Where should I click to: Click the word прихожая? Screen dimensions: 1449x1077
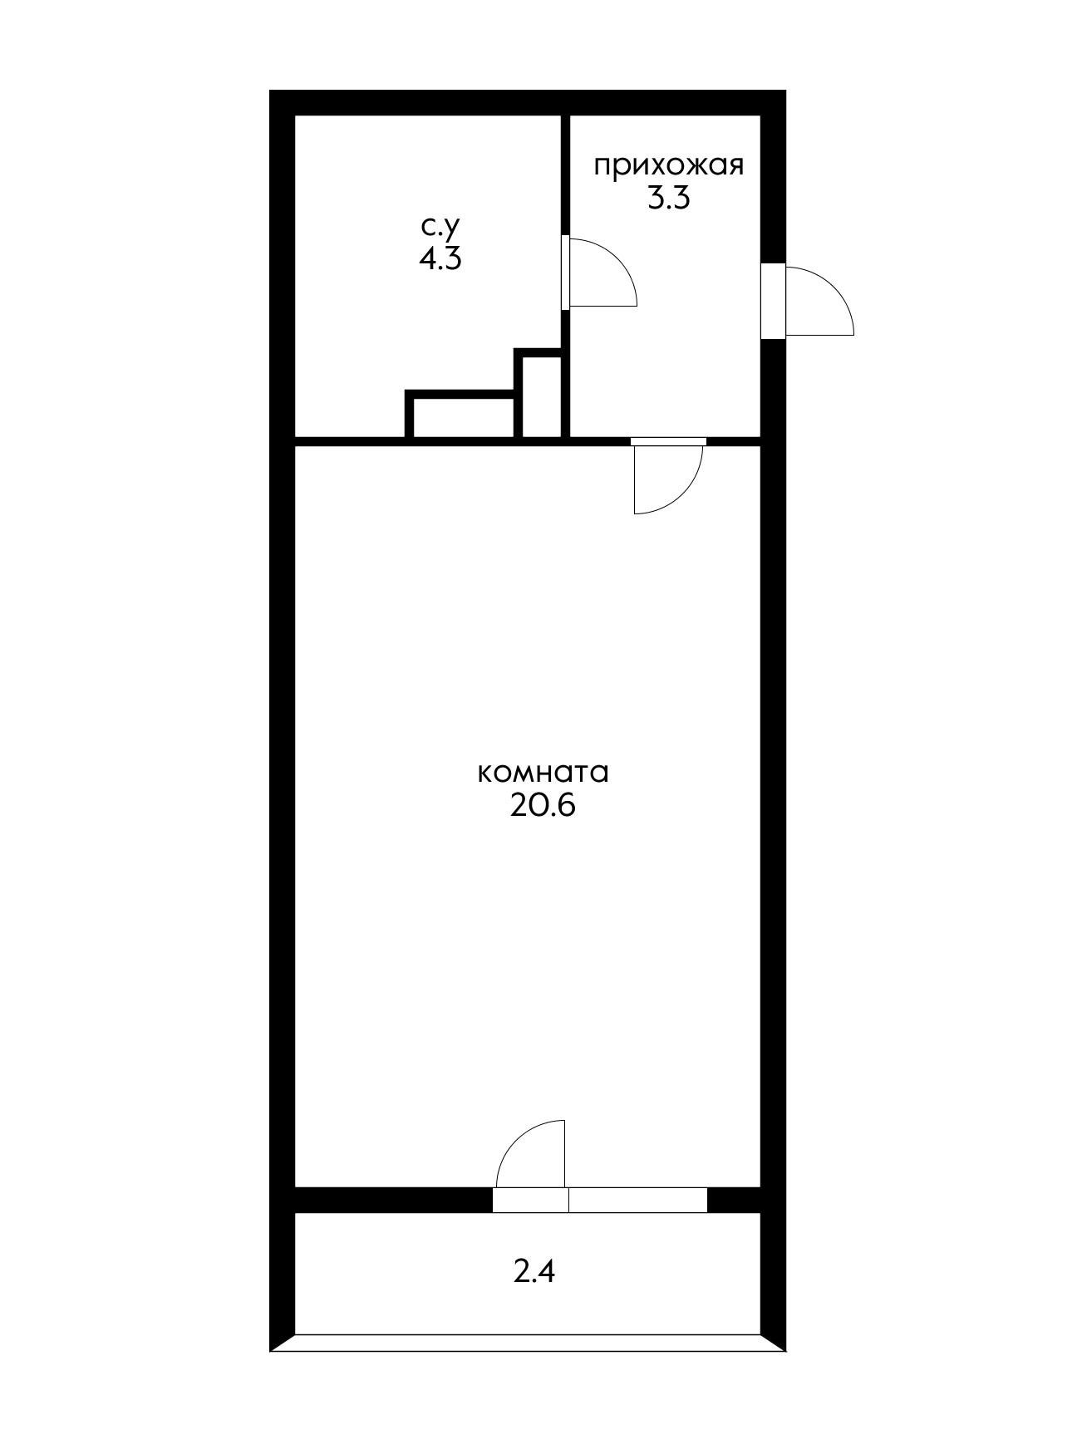[x=668, y=166]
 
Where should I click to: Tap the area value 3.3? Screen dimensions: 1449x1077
[x=668, y=199]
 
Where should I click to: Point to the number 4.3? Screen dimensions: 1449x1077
[x=440, y=258]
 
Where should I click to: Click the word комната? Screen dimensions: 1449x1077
[x=543, y=773]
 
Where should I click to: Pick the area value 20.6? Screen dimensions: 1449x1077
[x=543, y=806]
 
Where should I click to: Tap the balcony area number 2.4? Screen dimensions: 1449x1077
[x=534, y=1272]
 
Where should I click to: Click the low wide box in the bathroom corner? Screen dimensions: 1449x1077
[x=462, y=415]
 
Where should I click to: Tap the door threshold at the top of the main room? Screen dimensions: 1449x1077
[x=668, y=441]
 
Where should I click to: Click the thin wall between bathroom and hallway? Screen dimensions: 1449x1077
[x=565, y=174]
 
